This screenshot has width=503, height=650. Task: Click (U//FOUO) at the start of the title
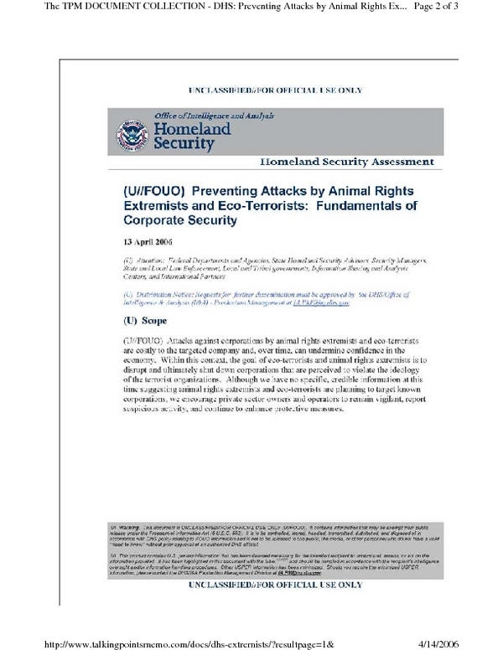156,190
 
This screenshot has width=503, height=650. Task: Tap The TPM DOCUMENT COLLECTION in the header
92,8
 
